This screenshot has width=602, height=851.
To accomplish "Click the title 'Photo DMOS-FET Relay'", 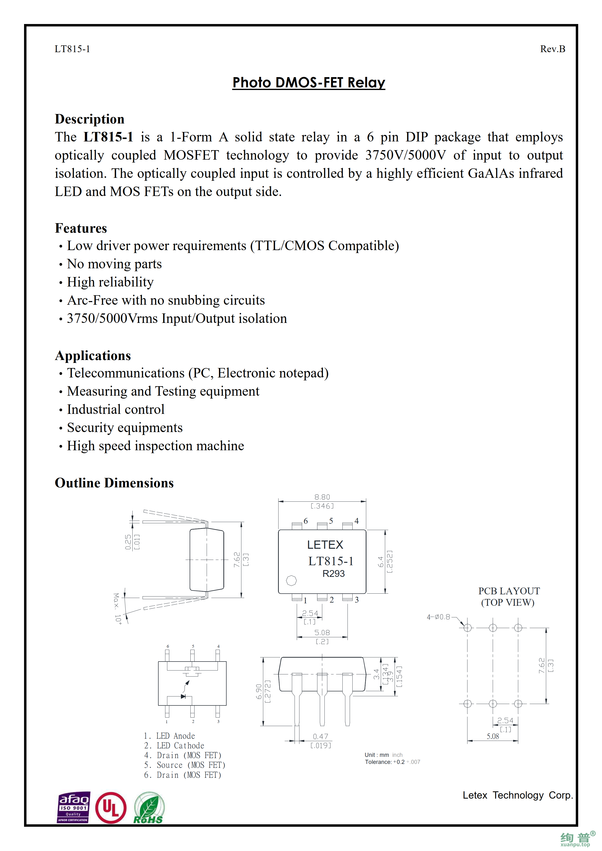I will coord(309,82).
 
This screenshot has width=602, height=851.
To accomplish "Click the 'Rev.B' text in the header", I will coord(552,49).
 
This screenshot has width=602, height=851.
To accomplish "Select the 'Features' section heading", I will coord(81,228).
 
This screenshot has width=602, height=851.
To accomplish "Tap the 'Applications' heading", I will coord(93,355).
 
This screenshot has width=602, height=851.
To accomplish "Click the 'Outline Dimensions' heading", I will coord(114,483).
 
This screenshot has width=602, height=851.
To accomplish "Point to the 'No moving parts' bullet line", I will coord(114,264).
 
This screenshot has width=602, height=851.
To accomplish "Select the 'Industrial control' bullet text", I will coord(115,409).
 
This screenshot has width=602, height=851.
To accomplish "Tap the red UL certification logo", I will coord(110,807).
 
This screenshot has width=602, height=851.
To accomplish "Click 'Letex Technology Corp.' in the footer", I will coord(517,795).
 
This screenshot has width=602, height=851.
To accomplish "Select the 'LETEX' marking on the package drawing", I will coord(325,544).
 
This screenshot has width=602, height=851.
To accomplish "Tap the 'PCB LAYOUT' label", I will coord(509,591).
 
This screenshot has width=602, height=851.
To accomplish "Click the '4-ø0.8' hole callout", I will coord(438,617).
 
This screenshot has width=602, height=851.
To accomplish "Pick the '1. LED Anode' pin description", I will coord(169,736).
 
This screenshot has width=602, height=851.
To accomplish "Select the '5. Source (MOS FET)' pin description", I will coord(184,765).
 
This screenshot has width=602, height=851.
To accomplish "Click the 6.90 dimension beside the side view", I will coord(259,692).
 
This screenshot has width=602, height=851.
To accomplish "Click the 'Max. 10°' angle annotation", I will coord(117,608).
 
